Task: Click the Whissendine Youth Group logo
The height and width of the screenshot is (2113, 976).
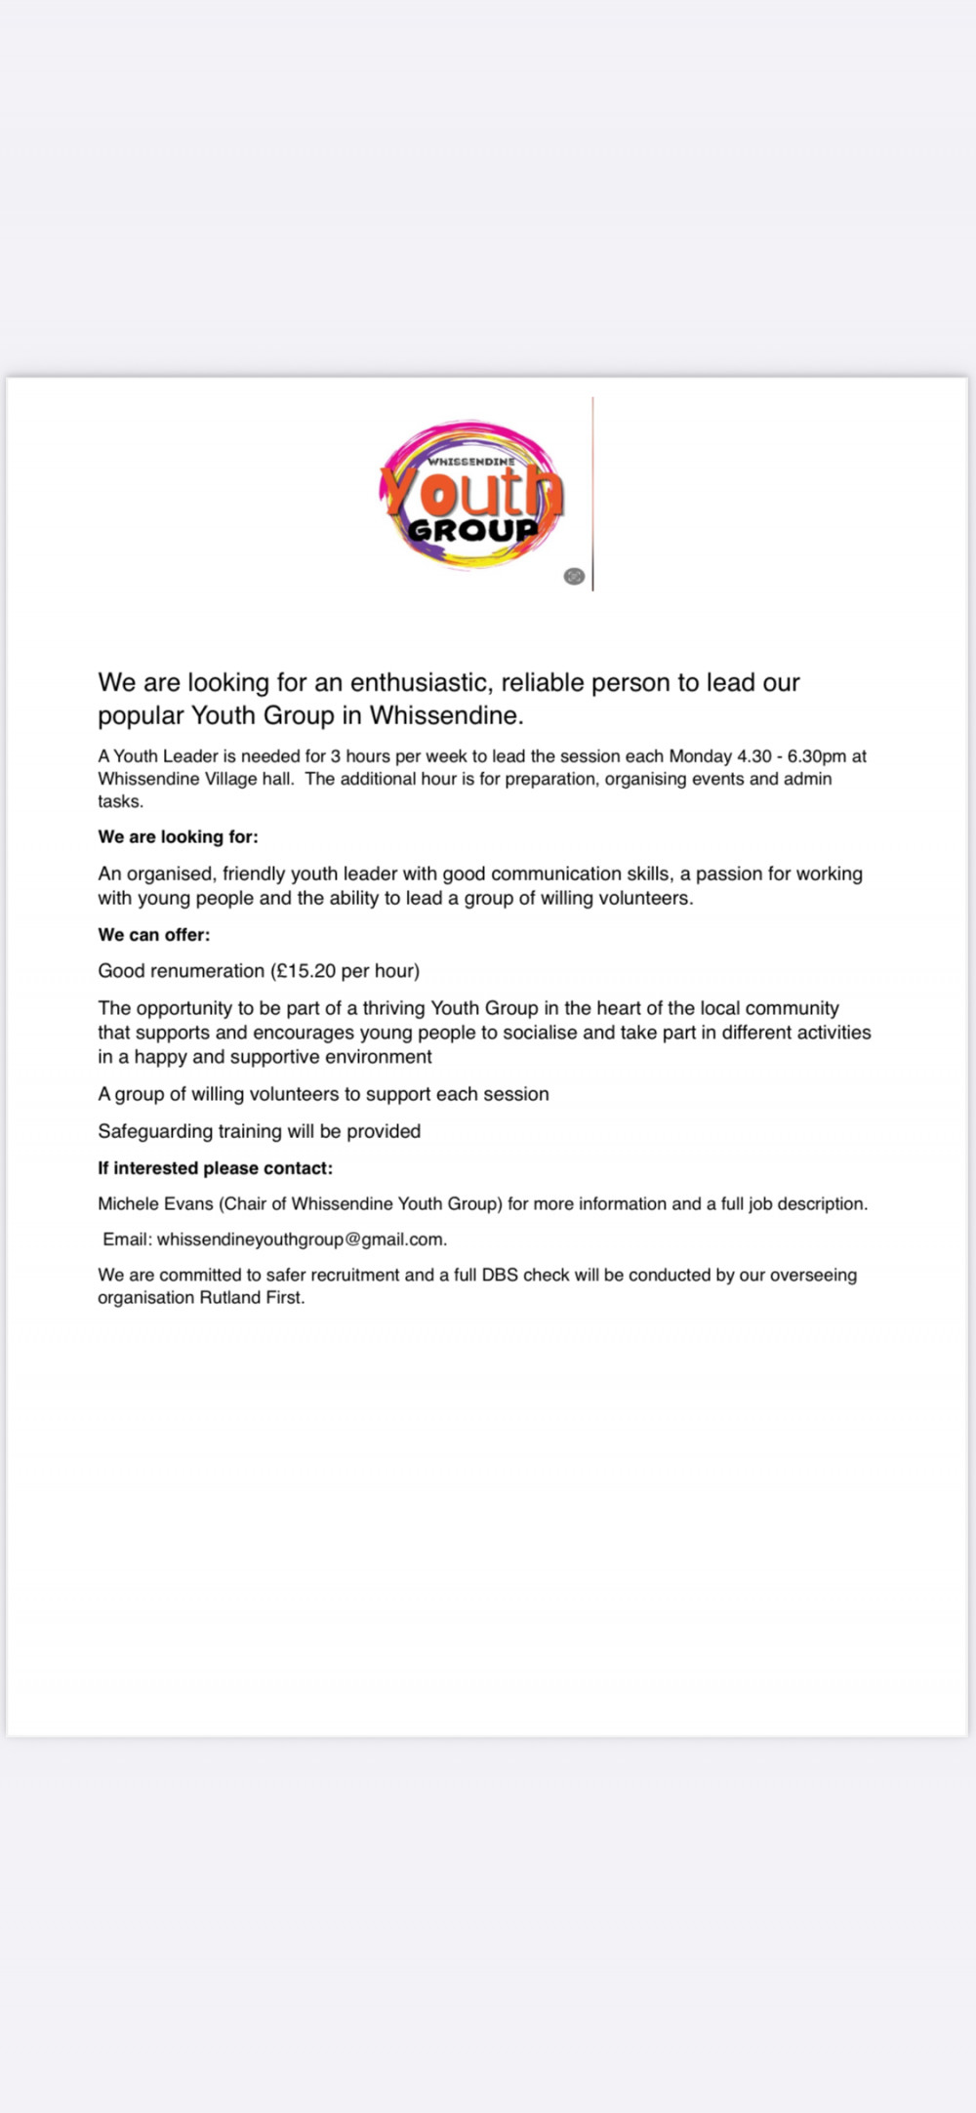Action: coord(471,495)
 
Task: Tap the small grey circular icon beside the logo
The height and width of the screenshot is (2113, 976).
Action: coord(574,576)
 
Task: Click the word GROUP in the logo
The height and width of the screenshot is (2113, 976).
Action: coord(473,530)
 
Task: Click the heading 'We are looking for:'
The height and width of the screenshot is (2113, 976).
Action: coord(178,836)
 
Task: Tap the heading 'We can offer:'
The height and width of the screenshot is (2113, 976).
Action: coord(153,934)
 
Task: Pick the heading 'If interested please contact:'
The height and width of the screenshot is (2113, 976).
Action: coord(215,1168)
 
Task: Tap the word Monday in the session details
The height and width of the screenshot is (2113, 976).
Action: coord(700,756)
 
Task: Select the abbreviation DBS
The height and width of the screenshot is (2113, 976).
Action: coord(500,1275)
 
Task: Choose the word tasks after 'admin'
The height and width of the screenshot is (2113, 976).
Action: coord(120,801)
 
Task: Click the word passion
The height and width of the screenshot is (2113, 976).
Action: coord(727,874)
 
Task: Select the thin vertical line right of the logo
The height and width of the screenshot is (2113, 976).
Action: coord(592,493)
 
